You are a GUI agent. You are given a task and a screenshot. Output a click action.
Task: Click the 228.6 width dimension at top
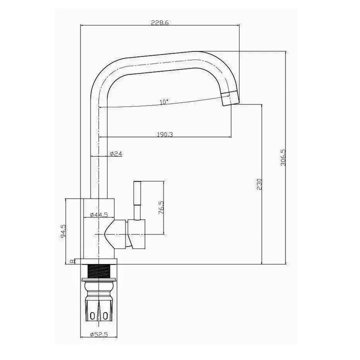[160, 22]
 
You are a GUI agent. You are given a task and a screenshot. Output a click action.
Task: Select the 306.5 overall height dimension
[283, 157]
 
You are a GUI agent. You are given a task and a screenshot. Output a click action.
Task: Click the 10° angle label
[164, 102]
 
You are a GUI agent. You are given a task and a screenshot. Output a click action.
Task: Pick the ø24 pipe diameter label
[115, 154]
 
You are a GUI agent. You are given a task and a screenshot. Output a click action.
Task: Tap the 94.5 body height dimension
[63, 231]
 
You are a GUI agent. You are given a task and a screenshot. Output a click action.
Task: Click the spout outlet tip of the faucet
[228, 99]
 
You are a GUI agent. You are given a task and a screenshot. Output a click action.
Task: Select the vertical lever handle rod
[137, 197]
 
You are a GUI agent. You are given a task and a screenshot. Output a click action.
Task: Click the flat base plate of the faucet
[100, 261]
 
